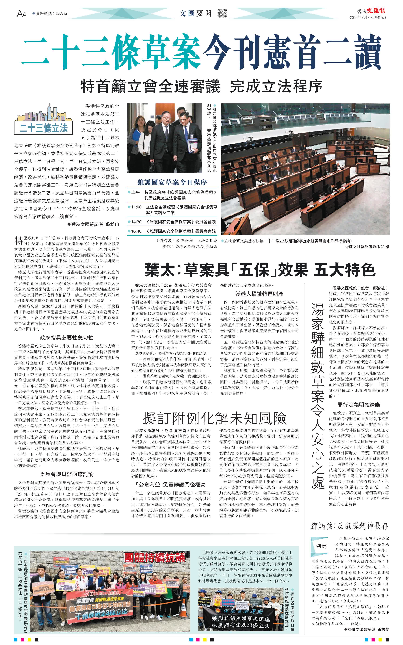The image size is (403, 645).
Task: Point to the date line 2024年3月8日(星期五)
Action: [368, 18]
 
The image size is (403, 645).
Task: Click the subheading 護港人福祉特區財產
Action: [259, 294]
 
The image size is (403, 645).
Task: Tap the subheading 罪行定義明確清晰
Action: [359, 405]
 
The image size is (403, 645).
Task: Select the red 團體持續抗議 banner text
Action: [155, 557]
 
